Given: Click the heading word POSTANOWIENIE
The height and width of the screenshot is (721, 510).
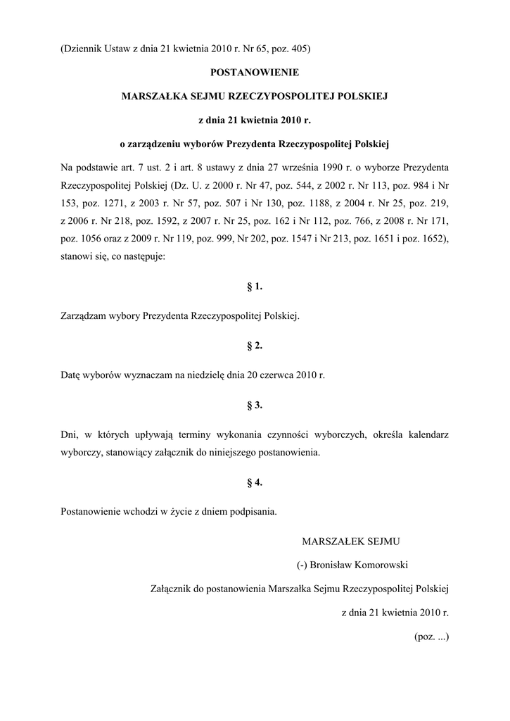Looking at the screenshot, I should [255, 72].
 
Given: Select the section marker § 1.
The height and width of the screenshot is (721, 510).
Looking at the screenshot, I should [255, 287].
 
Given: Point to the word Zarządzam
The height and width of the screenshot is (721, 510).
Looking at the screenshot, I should [82, 317].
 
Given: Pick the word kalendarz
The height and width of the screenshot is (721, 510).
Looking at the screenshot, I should [423, 434].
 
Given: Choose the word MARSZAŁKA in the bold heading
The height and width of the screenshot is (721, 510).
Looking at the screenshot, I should [152, 94].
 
